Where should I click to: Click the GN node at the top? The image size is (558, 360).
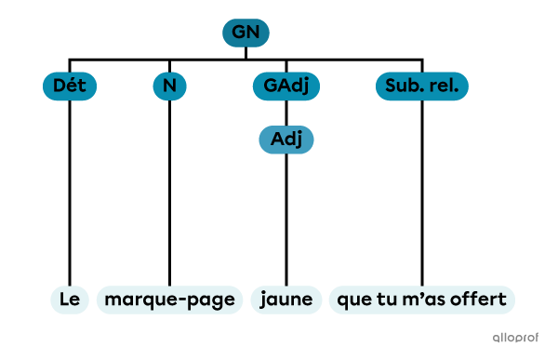point(246,33)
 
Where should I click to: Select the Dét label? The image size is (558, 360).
point(70,87)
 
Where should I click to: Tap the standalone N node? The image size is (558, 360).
point(169,87)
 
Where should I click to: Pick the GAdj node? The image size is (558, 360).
point(286,87)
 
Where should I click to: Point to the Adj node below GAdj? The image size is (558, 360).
point(286,140)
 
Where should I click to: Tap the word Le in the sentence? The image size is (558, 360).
point(70,300)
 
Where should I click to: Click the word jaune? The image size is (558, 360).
point(286,300)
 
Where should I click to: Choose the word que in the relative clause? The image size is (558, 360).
point(354,300)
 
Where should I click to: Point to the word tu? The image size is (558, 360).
point(387,300)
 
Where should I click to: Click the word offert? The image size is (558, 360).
point(478,300)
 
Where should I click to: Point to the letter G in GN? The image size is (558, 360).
point(238,33)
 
